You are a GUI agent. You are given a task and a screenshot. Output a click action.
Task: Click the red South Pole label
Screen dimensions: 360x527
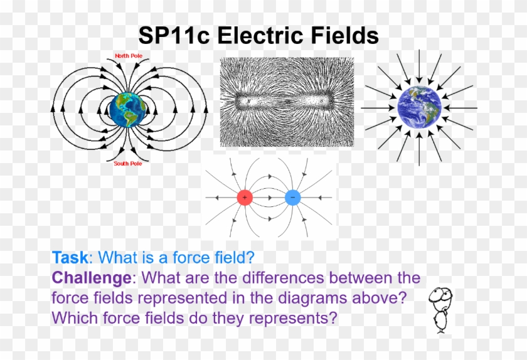click(x=127, y=164)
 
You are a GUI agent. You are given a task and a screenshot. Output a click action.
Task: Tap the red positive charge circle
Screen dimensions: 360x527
click(x=245, y=198)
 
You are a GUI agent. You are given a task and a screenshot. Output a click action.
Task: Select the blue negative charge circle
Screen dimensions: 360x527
click(x=292, y=198)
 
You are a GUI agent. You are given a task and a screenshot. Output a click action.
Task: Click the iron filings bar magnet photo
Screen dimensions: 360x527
click(x=287, y=102)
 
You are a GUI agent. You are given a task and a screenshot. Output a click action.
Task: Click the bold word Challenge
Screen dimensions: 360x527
click(x=93, y=278)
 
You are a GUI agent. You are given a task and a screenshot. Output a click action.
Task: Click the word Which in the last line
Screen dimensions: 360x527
click(x=74, y=318)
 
